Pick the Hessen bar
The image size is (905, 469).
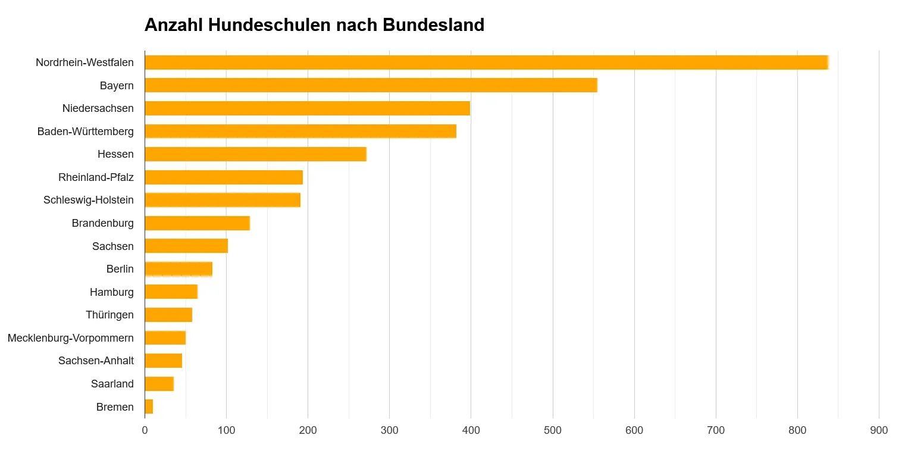point(255,154)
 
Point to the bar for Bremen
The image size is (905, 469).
point(149,407)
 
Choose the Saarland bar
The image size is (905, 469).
point(159,384)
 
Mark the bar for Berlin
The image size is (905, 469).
point(179,269)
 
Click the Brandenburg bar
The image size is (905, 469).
point(197,223)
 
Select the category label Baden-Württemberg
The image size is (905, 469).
point(86,132)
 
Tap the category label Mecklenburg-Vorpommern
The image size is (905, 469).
point(71,338)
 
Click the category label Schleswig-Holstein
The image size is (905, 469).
point(89,200)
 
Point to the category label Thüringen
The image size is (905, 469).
point(109,315)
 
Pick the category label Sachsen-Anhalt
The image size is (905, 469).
point(96,361)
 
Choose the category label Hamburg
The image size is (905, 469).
point(112,292)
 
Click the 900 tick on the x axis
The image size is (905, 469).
point(878,430)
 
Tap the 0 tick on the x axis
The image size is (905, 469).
point(145,430)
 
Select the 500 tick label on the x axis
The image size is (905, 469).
point(552,430)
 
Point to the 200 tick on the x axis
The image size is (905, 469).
point(308,430)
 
